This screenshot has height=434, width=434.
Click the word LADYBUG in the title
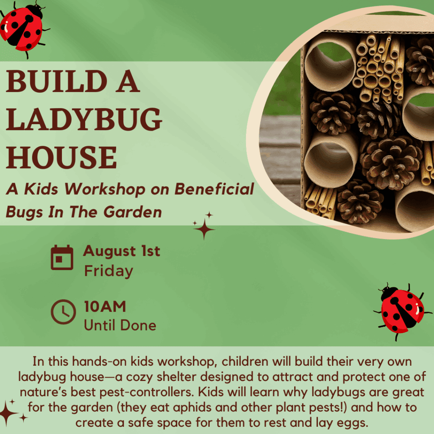point(84,119)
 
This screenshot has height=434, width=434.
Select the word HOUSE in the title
point(61,157)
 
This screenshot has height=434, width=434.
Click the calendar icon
point(62,257)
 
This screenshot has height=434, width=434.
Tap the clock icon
point(64,312)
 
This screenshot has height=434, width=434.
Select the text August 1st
point(122,251)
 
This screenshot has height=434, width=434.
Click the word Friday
point(109,271)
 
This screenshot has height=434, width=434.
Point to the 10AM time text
point(105,307)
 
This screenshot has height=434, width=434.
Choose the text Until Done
point(120,325)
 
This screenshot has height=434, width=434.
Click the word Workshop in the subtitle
point(105,189)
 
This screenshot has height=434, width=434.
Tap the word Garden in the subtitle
point(133,212)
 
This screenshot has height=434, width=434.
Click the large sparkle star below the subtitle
point(204,229)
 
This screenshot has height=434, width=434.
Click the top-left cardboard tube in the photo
point(330,63)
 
